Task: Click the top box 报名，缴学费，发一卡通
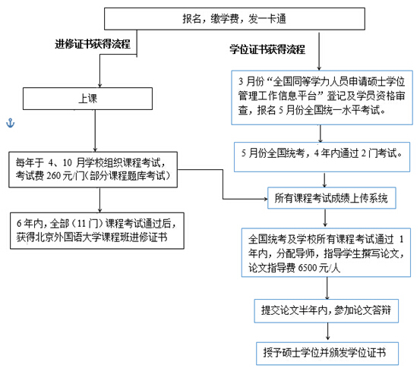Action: click(235, 19)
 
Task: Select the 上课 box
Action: click(87, 99)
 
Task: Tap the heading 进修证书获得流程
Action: click(93, 44)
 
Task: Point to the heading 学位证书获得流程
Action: click(267, 49)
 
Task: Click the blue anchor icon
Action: click(10, 123)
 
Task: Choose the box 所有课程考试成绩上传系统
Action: click(332, 198)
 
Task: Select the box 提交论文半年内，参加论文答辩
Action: click(327, 311)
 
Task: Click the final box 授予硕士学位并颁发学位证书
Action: click(327, 354)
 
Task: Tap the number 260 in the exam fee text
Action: click(54, 176)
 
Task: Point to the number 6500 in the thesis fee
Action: click(308, 268)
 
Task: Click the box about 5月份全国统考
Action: click(322, 157)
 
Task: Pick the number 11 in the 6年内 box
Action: click(81, 223)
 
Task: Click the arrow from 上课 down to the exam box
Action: click(95, 131)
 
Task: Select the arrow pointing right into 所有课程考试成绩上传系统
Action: click(223, 184)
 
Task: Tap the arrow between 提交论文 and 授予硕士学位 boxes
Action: click(327, 332)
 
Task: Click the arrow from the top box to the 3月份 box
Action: click(319, 52)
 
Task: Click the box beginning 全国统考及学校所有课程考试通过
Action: click(326, 253)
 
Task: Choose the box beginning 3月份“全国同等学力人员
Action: click(322, 97)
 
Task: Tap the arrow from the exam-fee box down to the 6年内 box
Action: click(100, 200)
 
